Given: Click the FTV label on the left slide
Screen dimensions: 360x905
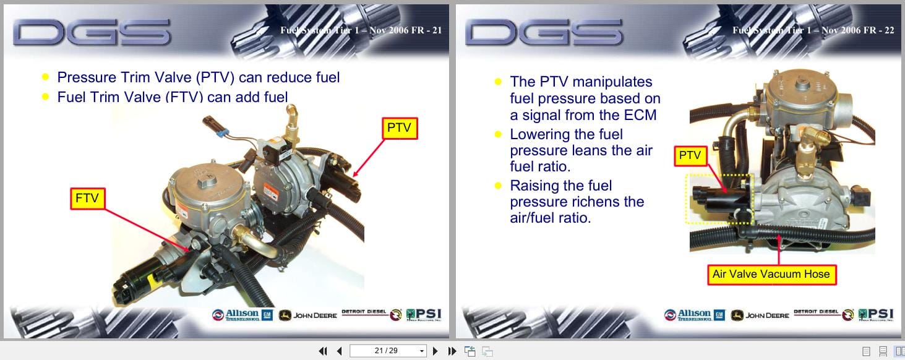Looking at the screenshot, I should pos(87,199).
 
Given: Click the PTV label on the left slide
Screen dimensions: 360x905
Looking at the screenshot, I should pos(399,128).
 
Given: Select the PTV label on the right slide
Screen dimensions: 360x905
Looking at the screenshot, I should pos(690,156).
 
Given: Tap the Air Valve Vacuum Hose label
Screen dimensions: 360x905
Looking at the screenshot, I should pos(771,274).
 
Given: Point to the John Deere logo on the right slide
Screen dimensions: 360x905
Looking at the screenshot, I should pos(760,315).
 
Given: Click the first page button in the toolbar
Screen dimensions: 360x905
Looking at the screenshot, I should pos(322,351).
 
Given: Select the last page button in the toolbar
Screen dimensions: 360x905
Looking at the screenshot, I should pos(452,351).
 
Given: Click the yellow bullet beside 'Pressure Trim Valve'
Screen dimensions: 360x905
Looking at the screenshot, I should pos(45,77).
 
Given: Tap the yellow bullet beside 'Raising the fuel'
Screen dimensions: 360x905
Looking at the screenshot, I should pos(498,186).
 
